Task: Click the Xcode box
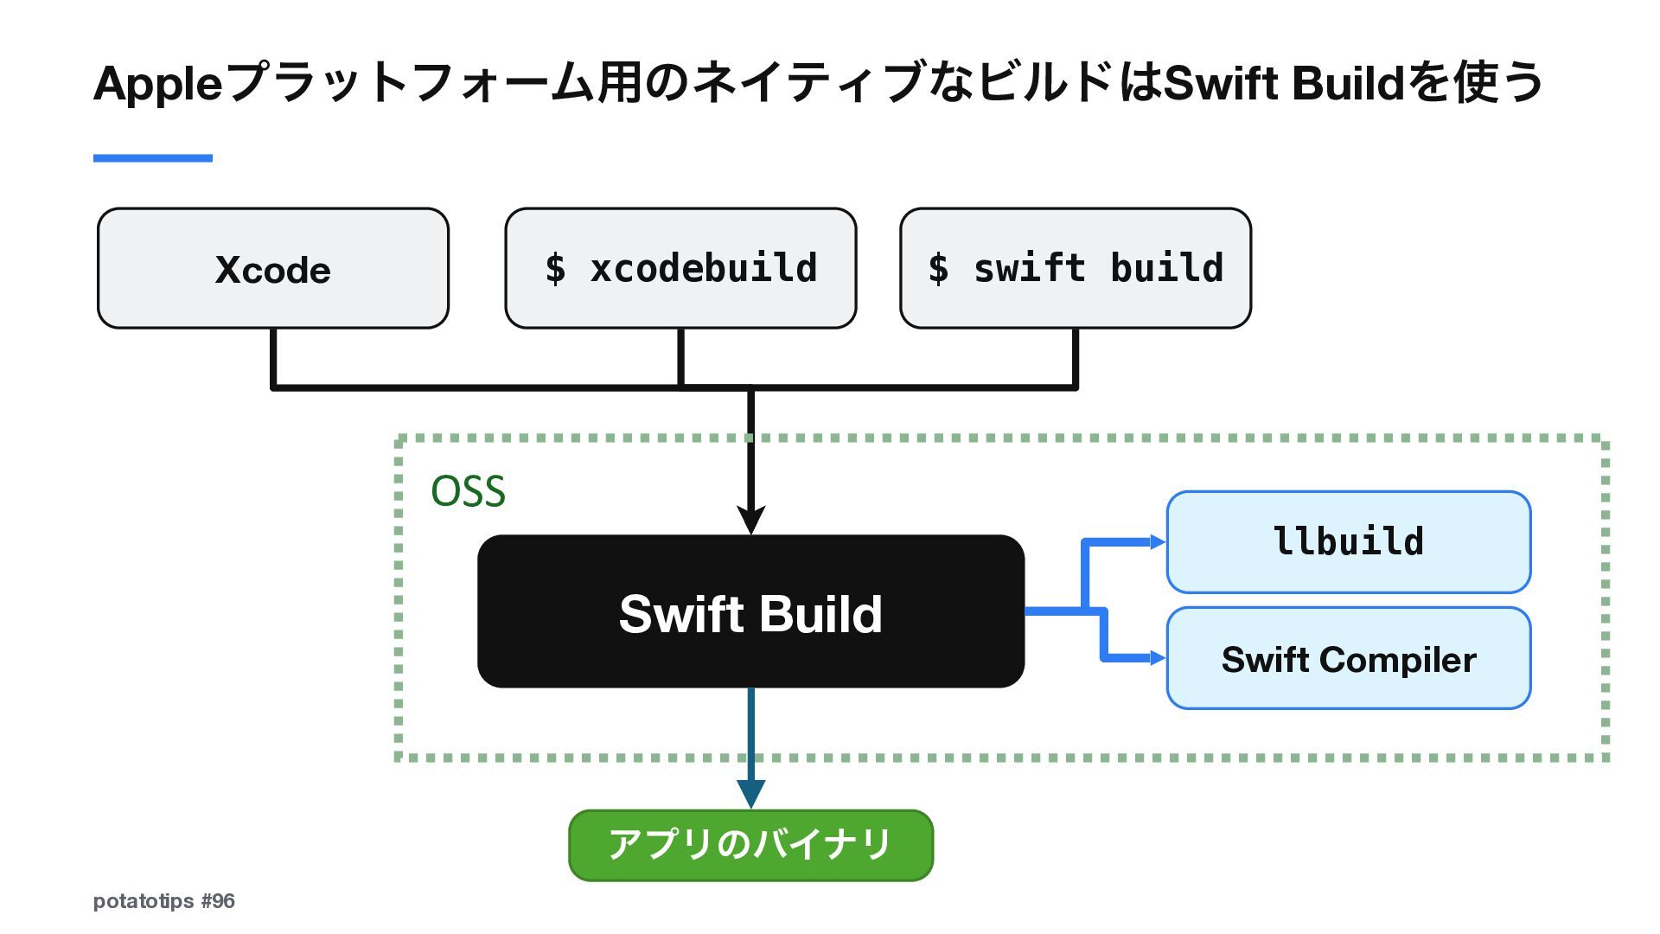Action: pos(273,268)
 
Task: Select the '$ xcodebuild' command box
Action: pos(680,268)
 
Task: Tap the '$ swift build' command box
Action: pos(1076,268)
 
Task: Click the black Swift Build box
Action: pos(750,611)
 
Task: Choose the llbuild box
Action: pos(1349,542)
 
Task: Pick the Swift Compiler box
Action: pos(1349,658)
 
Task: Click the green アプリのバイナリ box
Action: pos(750,845)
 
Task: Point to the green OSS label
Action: pos(468,491)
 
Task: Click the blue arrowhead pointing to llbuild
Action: pos(1158,542)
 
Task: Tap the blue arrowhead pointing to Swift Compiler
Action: pos(1158,658)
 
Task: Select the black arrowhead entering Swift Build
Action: pos(750,521)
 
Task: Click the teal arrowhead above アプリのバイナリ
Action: pos(750,794)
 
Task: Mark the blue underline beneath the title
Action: pos(153,158)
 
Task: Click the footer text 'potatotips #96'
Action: pos(164,901)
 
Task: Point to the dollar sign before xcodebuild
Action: pos(555,268)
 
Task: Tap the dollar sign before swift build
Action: pos(938,268)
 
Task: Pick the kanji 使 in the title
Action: pos(1477,83)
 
